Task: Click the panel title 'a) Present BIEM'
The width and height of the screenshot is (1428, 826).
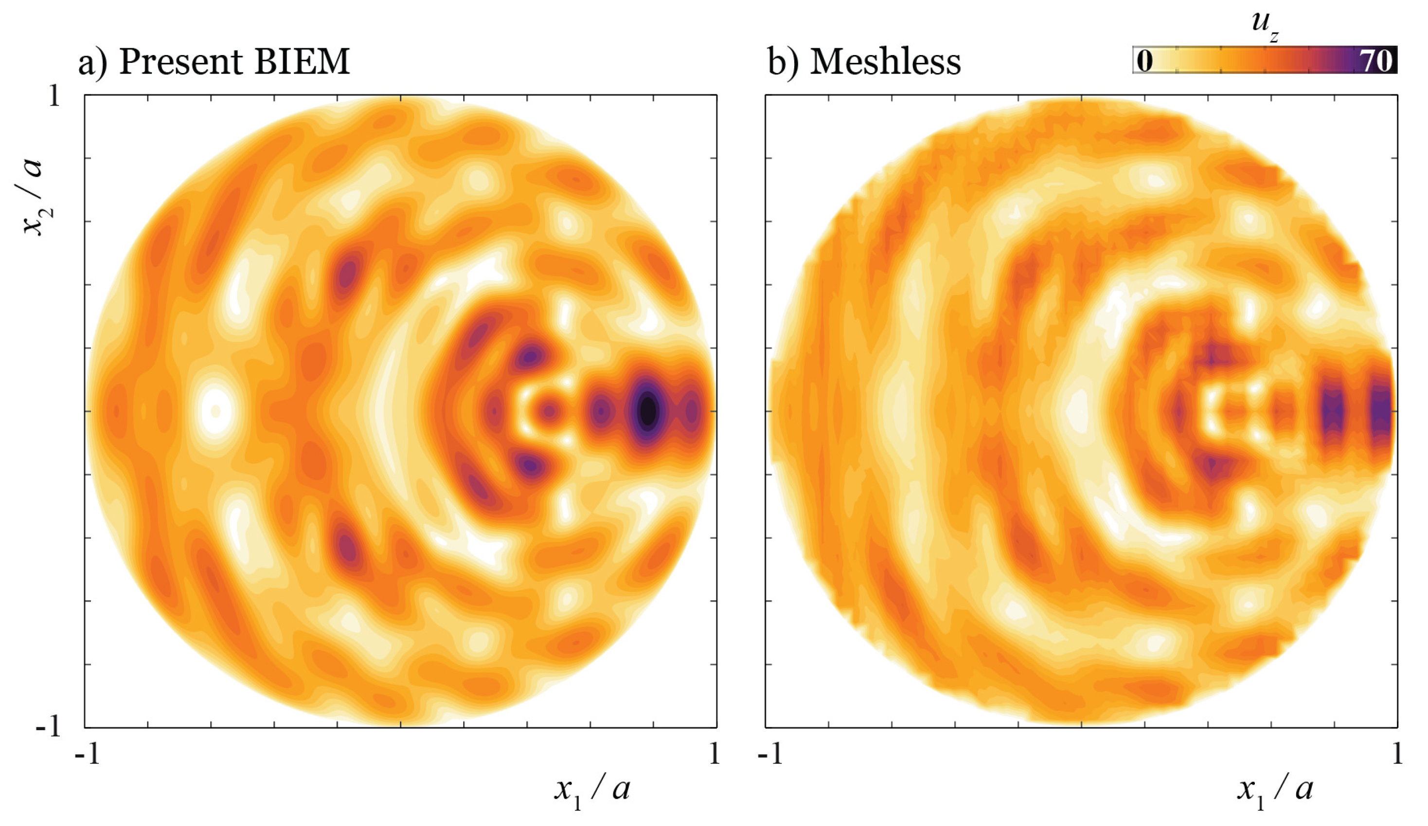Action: pos(214,61)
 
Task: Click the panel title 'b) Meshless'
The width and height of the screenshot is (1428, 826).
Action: pos(864,61)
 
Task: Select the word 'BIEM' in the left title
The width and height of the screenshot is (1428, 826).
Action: pos(302,61)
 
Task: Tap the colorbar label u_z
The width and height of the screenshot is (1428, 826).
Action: pos(1264,25)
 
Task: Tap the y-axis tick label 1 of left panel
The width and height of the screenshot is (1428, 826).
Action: pos(54,96)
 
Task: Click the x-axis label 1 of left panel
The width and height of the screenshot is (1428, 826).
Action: pos(714,754)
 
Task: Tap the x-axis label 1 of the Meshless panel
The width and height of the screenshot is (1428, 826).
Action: pos(1397,754)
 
